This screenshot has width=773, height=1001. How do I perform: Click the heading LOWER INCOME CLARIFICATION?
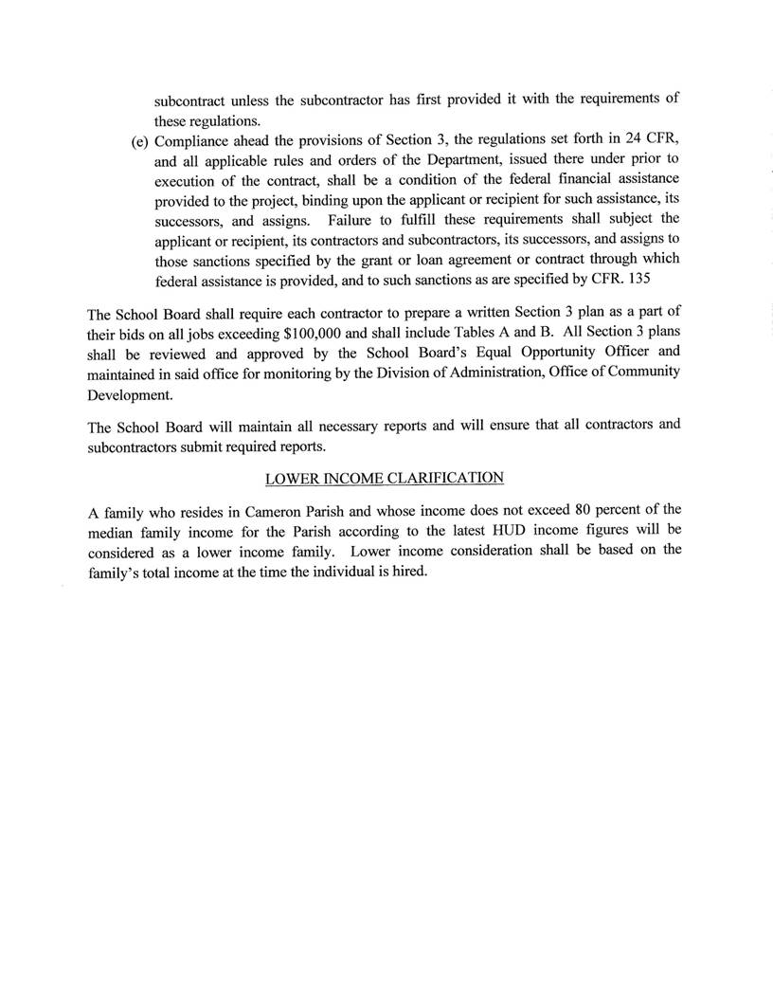tap(386, 477)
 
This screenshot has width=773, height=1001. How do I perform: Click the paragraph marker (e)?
tap(141, 140)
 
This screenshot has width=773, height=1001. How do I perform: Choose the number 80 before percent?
tap(588, 513)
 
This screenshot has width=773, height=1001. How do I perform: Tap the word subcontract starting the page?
tap(192, 98)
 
